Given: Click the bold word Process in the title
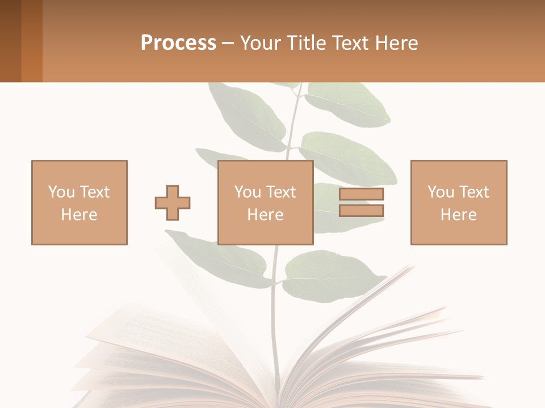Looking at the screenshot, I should [178, 43].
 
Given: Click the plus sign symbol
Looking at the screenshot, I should [173, 202].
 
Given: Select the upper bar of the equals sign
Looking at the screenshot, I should [361, 194].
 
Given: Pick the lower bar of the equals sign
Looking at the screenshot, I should [361, 211].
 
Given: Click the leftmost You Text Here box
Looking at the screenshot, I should [79, 202].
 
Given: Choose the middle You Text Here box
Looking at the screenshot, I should [266, 202].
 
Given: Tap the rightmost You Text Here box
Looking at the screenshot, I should [459, 202].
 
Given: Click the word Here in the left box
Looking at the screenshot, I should [79, 215].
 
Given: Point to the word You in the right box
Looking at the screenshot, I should [441, 192].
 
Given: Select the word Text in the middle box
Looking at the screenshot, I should [280, 192].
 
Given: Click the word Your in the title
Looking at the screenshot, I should [259, 43].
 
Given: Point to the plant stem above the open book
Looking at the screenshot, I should [275, 317].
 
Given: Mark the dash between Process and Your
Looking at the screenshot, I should [228, 43].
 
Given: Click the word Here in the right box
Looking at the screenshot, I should [459, 215].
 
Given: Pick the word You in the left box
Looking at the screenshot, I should [61, 192].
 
